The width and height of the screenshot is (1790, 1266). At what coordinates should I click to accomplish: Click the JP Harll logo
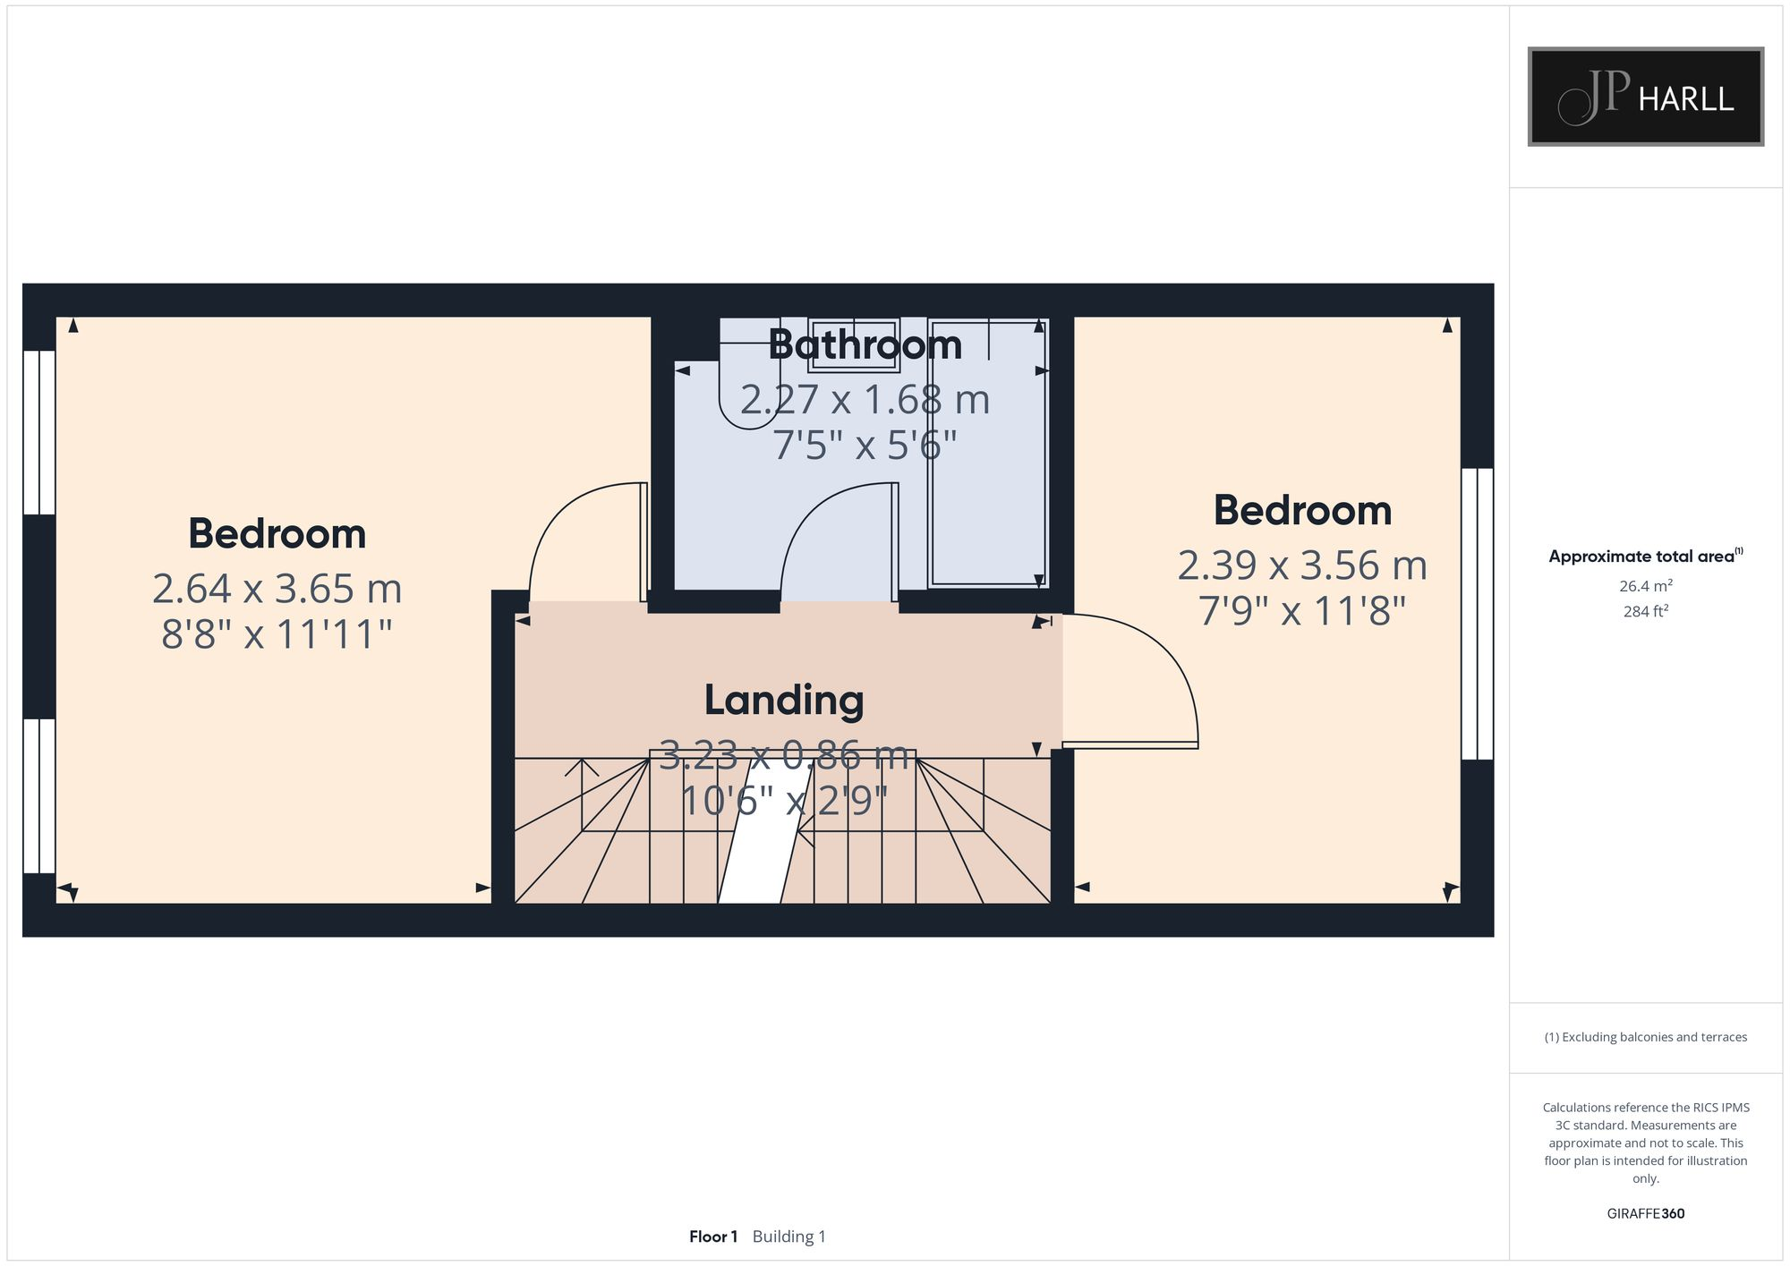1645,97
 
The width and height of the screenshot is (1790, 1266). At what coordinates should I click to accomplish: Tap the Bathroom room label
865,345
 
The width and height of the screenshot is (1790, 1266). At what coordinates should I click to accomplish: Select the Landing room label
784,700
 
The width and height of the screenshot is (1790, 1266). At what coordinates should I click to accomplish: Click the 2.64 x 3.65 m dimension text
277,589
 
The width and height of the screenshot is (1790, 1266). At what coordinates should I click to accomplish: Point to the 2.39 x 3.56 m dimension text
1301,565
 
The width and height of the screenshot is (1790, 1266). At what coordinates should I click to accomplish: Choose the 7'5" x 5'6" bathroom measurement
865,445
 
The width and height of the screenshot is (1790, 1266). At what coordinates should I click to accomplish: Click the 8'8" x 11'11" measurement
277,634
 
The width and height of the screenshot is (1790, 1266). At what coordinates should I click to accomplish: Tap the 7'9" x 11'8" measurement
1301,612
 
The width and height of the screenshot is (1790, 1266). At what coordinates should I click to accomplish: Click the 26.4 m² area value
1645,586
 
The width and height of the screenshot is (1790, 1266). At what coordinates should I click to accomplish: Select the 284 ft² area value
1645,612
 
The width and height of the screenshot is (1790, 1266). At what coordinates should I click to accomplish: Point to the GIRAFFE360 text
1645,1213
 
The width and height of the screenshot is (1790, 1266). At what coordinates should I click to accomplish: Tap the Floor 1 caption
712,1236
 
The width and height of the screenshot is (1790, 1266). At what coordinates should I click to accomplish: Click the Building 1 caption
788,1236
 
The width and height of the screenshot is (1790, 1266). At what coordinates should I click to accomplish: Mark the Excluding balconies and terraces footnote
1645,1037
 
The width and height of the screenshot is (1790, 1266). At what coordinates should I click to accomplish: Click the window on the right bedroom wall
1477,614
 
